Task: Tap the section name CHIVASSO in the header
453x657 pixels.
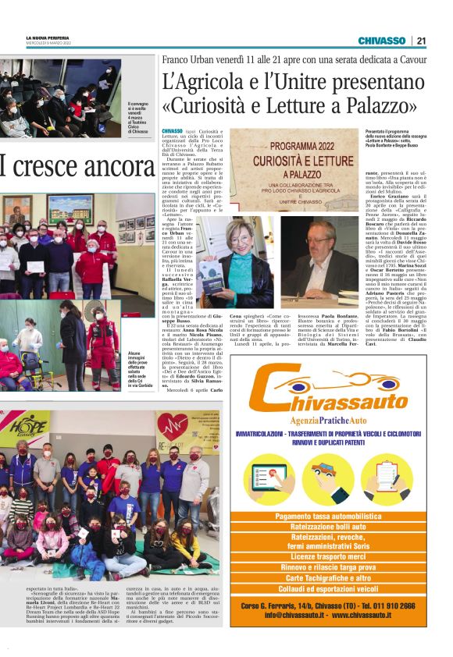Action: tap(381, 41)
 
